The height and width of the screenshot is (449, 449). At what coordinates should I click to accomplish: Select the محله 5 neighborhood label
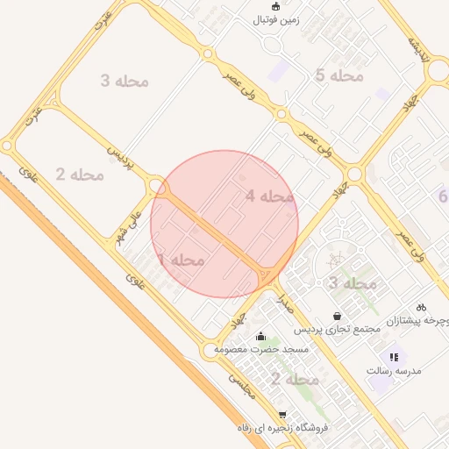pos(339,75)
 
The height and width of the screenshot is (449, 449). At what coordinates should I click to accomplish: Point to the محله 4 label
pos(269,196)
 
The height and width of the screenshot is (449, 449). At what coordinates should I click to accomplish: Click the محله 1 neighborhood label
pos(181,260)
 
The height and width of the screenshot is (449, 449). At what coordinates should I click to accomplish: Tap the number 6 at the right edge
pos(443,196)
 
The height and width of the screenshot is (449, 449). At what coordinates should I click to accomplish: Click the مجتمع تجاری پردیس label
pos(337,329)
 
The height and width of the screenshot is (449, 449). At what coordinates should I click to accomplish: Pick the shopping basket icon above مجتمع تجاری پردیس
pos(337,316)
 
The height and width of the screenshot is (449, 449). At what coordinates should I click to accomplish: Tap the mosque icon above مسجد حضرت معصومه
pos(260,336)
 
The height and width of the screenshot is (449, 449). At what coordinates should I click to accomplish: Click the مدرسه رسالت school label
pos(395,371)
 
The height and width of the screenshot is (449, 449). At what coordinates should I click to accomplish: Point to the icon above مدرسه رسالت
pos(394,357)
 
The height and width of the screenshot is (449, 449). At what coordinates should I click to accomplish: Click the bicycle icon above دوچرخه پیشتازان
pos(421,307)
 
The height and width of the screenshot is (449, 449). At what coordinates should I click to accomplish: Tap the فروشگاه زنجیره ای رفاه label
pos(282,428)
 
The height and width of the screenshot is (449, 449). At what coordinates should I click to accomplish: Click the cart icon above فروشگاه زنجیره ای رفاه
pos(282,415)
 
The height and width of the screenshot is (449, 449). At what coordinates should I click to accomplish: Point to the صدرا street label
pos(282,302)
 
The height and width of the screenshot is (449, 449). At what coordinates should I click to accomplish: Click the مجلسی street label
pos(242,387)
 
